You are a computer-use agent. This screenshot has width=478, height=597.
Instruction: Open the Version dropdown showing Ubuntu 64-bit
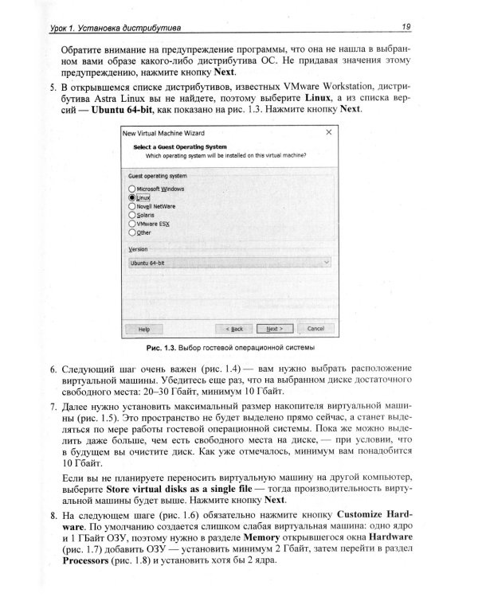tap(229, 262)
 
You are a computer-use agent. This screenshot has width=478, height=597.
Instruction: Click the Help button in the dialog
tap(144, 328)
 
